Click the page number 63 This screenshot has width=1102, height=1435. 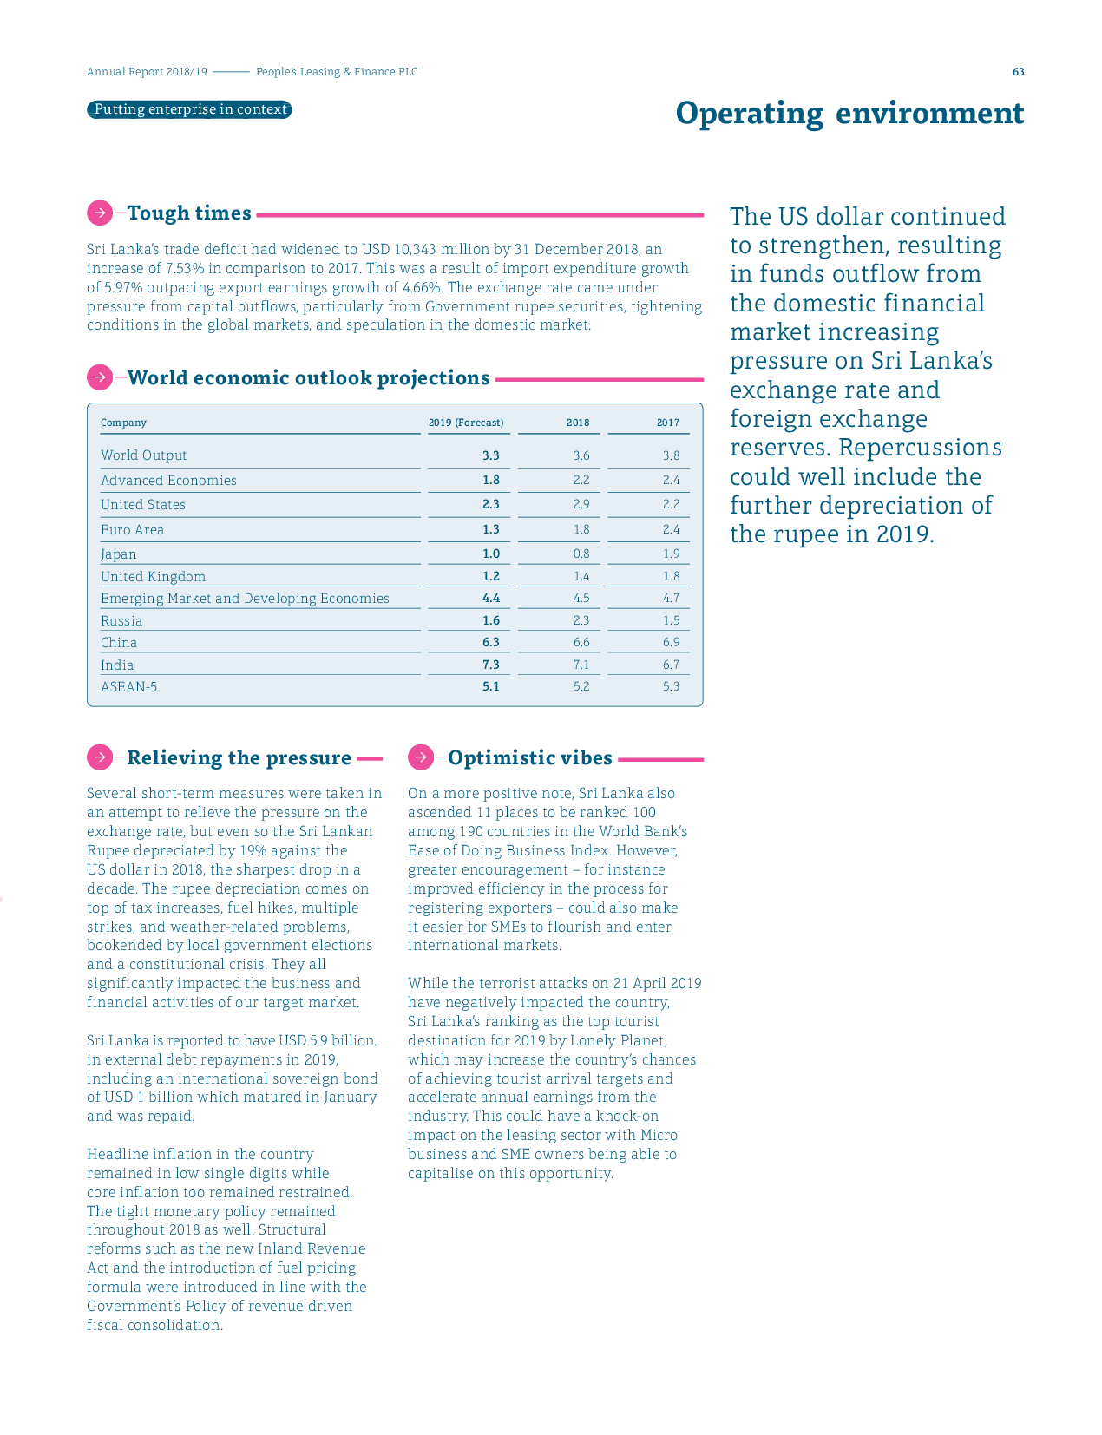(x=1018, y=72)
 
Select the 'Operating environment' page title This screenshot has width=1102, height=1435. (x=849, y=114)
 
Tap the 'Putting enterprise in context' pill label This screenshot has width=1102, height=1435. (x=189, y=109)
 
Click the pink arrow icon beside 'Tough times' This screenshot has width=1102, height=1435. (x=100, y=213)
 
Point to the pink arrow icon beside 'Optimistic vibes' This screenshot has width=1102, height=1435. (x=421, y=757)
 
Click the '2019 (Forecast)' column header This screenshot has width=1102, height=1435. (x=466, y=423)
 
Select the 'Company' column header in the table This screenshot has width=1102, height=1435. (x=123, y=423)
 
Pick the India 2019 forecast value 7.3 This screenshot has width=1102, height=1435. (x=491, y=665)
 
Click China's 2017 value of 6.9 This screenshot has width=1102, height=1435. (x=671, y=642)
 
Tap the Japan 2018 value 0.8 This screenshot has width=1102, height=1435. (x=581, y=554)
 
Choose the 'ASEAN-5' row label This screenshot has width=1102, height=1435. (x=128, y=686)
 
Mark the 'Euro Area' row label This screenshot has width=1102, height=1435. (x=132, y=529)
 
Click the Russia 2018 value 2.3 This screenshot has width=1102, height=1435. (x=581, y=620)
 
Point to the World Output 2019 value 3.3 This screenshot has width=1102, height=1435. (x=491, y=455)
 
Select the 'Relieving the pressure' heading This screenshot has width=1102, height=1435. (x=239, y=757)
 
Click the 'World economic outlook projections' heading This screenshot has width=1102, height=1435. (x=308, y=377)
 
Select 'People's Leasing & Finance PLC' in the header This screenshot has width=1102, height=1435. (x=337, y=72)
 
